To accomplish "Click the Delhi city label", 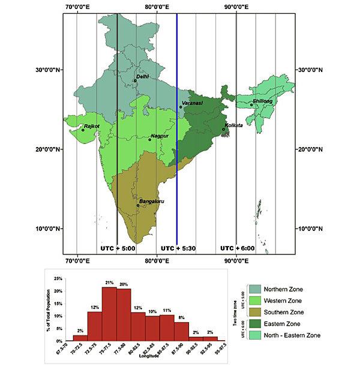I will click(142, 76).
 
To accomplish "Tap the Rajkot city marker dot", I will click(83, 130).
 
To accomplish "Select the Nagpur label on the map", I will click(159, 136).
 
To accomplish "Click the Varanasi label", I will click(193, 103).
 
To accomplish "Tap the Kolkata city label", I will click(233, 125).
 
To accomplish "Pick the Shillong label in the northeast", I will click(262, 101).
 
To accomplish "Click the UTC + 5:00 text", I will click(117, 247).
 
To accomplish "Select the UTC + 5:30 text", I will click(176, 247).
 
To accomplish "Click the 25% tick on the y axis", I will click(58, 279).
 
